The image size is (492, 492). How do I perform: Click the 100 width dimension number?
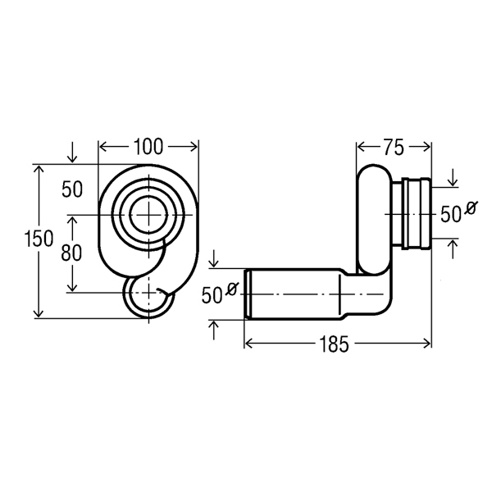(148, 147)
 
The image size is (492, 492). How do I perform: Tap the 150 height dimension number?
(39, 240)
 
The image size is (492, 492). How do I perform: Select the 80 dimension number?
(72, 253)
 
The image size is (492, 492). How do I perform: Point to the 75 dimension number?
(394, 147)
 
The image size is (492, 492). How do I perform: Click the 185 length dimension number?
(337, 344)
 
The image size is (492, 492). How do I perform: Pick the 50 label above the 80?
(72, 189)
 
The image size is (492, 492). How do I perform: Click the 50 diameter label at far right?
(451, 214)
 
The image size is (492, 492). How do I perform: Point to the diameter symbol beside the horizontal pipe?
(231, 289)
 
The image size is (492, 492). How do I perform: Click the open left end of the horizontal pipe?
(247, 294)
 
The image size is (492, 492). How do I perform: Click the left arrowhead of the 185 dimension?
(247, 344)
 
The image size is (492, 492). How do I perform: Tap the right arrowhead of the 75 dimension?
(428, 147)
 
